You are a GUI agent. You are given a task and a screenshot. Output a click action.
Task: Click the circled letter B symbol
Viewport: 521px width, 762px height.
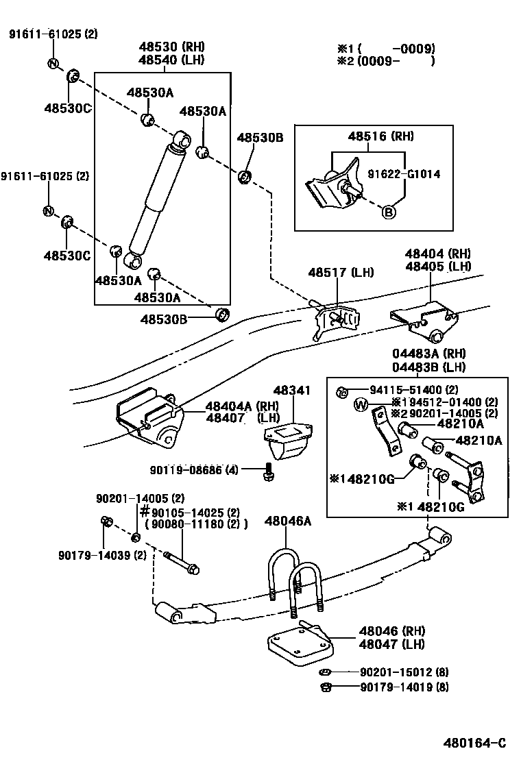pos(388,212)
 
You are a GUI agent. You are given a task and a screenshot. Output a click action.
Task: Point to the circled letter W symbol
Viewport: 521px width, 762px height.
pos(361,405)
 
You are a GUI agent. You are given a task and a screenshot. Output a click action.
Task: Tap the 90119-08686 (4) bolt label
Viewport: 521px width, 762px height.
pos(195,469)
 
